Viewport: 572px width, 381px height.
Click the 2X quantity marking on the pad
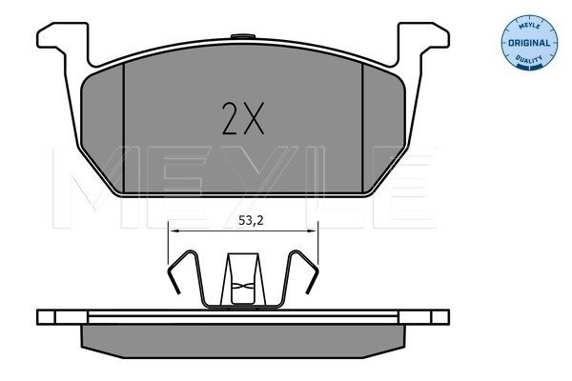[243, 119]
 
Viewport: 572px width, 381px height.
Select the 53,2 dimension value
[251, 220]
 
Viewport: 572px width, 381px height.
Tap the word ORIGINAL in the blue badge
[529, 43]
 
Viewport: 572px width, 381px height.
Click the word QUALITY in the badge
[529, 59]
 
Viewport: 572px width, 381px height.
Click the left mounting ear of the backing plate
[63, 40]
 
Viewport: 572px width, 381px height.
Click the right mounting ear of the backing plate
[423, 40]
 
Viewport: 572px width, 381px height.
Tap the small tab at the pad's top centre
[243, 36]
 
